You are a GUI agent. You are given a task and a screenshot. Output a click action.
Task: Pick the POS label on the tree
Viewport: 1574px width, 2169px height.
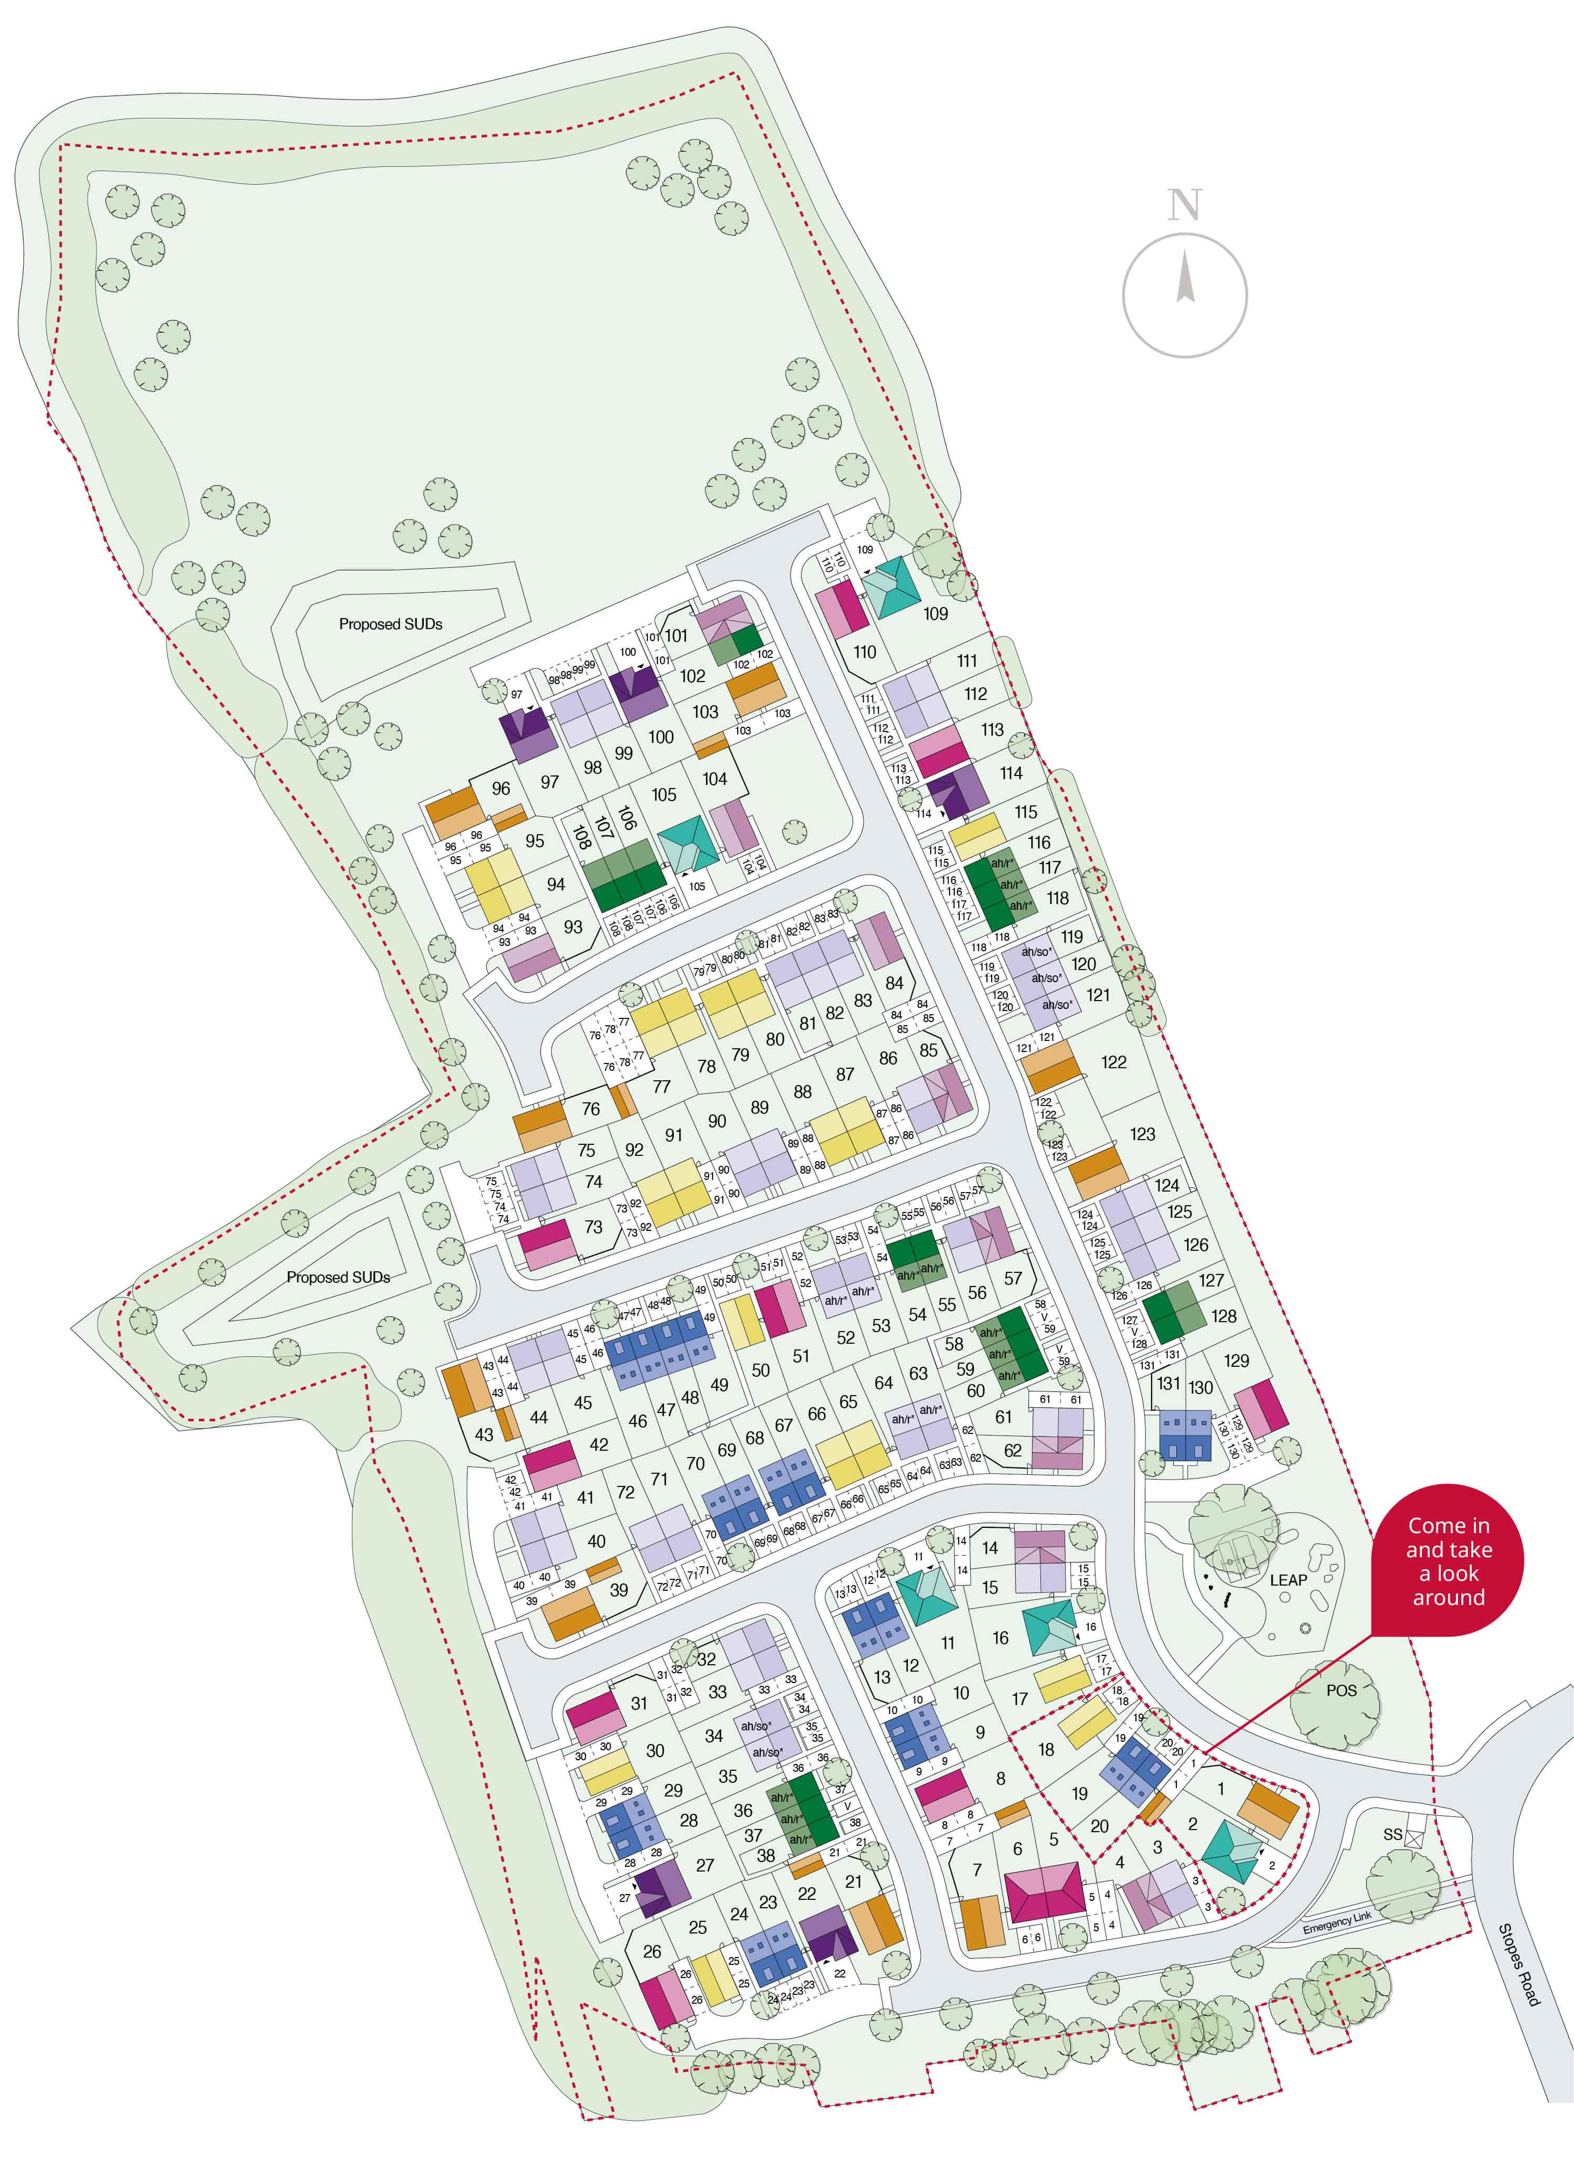click(1341, 1690)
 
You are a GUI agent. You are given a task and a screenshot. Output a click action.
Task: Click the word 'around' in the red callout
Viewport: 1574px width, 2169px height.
click(1449, 1597)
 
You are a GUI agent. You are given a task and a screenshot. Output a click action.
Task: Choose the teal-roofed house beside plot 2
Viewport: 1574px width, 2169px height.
click(1232, 1853)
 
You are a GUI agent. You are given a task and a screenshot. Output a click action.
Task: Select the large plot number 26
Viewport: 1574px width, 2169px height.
click(652, 1951)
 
